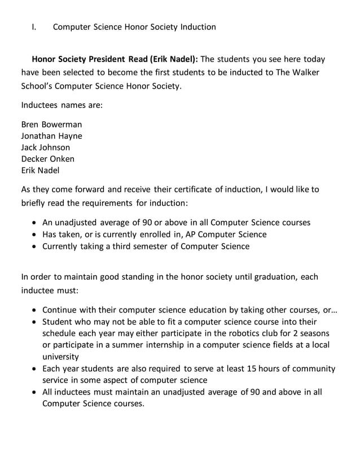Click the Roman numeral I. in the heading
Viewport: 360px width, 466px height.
click(34, 27)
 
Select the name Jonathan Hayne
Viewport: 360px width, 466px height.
click(51, 136)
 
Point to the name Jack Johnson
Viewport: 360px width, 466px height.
click(46, 147)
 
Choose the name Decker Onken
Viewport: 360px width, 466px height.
click(48, 159)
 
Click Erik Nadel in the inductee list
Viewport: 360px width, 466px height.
click(40, 170)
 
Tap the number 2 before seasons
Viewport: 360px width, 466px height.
click(288, 332)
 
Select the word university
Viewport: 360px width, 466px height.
click(61, 357)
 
